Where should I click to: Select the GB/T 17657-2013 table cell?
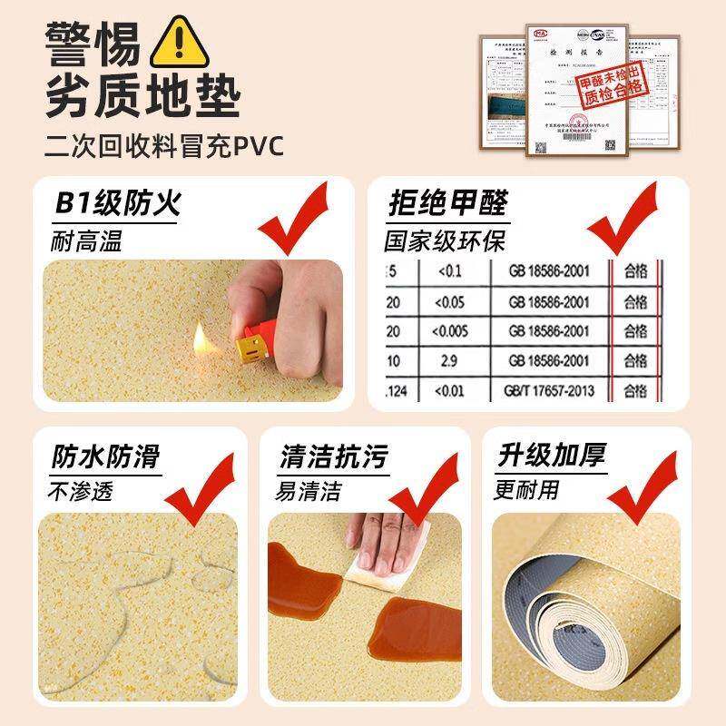tap(542, 391)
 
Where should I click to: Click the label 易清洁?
tap(309, 493)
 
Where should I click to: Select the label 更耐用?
tap(527, 491)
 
